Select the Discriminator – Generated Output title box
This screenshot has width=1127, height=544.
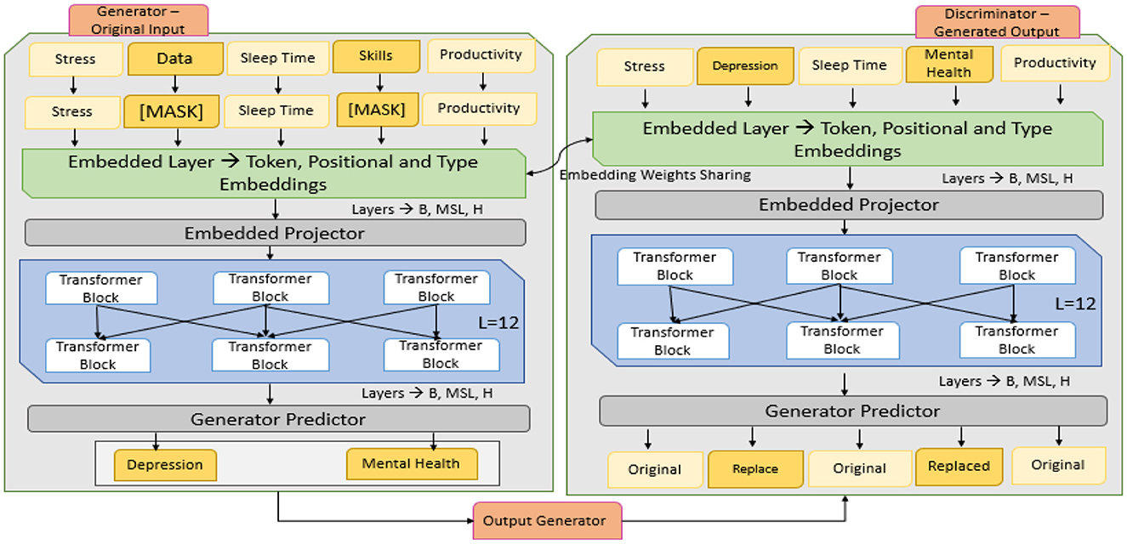click(x=996, y=23)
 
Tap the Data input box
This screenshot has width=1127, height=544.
click(x=175, y=59)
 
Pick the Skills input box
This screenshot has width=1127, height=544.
click(x=375, y=56)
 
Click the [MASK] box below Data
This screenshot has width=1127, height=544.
click(x=175, y=111)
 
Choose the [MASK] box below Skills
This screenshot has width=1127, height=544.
click(x=375, y=109)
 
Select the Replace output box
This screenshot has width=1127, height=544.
click(x=754, y=469)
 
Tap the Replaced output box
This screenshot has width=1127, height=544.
click(x=959, y=466)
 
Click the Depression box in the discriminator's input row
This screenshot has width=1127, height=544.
click(x=745, y=66)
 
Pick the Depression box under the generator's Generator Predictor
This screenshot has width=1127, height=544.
click(x=164, y=465)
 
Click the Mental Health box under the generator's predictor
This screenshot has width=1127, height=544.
click(x=411, y=464)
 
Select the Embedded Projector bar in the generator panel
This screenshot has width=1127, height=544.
click(x=276, y=233)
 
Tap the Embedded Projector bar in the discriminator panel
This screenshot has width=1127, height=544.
click(x=848, y=205)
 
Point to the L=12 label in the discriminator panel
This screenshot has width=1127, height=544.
click(x=1075, y=303)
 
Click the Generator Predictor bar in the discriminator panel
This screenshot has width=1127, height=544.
click(x=852, y=411)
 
